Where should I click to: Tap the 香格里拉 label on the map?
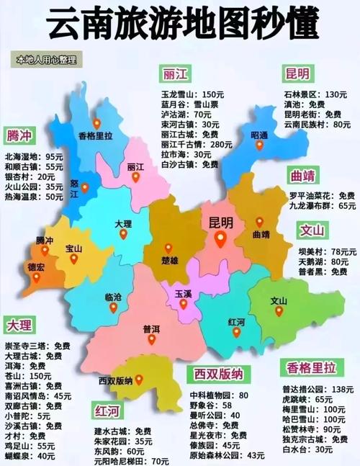(96, 135)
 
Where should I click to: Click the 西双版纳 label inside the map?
(116, 380)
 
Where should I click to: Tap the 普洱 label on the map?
(151, 328)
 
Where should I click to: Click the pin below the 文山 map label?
(279, 311)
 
